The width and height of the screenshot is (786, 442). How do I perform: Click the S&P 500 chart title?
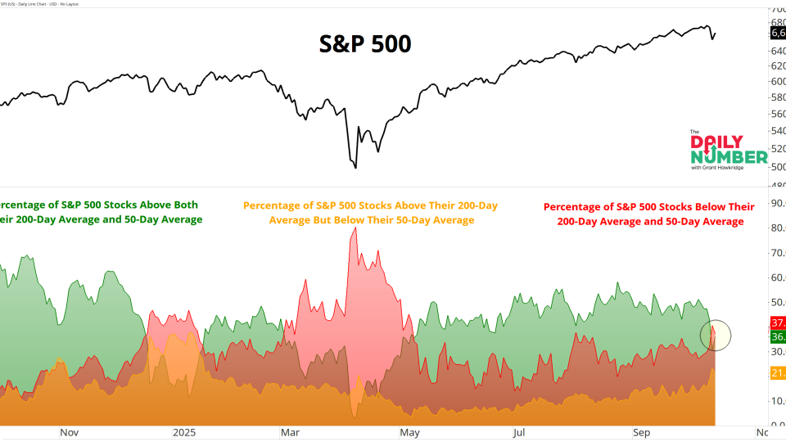(364, 43)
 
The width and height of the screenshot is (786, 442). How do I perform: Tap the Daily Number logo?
(728, 150)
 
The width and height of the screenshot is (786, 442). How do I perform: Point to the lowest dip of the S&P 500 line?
(355, 167)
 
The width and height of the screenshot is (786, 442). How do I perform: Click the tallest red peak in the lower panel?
(355, 230)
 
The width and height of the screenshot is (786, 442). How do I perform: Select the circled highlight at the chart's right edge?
(715, 335)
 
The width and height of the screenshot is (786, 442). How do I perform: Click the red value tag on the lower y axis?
(777, 322)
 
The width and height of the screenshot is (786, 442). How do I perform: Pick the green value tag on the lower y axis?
(777, 336)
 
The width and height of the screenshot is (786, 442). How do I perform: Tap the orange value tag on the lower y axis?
(777, 373)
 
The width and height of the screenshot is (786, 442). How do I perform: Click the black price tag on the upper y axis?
(777, 33)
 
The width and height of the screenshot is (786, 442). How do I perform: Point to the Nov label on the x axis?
(69, 432)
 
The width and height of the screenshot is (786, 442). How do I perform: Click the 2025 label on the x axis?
(183, 432)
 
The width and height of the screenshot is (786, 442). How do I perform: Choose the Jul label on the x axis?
(520, 432)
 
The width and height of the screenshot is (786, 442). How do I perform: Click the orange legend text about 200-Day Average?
(370, 213)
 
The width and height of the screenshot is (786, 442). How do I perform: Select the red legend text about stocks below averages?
(649, 214)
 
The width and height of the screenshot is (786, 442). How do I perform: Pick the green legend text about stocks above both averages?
(100, 211)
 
